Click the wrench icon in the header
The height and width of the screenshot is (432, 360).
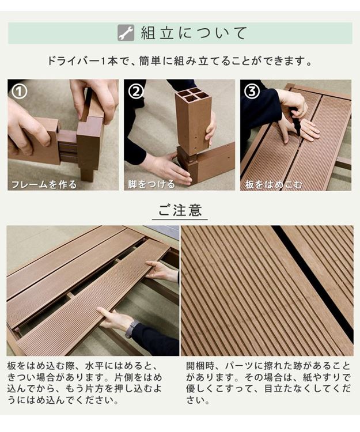tap(126, 33)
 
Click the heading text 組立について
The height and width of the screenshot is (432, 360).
tap(194, 33)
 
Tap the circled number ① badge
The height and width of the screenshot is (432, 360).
tap(20, 92)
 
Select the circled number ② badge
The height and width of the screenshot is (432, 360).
tap(136, 92)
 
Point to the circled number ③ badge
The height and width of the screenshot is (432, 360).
tap(252, 92)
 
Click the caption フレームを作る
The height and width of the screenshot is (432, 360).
tap(43, 184)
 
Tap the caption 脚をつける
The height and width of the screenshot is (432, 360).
tap(151, 184)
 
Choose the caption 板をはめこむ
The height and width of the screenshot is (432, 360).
tap(274, 184)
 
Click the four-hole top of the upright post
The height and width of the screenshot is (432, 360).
tap(193, 95)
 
